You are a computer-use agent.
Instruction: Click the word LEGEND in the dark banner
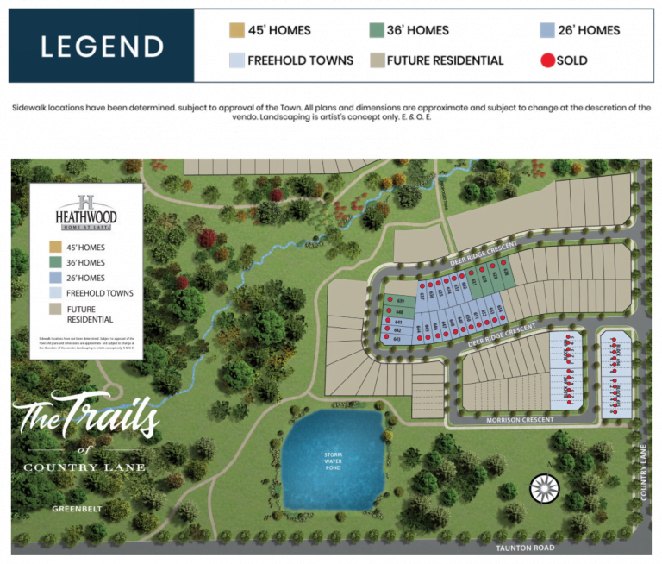[102, 46]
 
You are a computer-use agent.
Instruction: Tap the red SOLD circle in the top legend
[546, 60]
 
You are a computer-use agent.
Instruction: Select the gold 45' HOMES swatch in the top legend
[235, 30]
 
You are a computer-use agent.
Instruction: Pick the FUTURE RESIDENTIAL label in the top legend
[445, 60]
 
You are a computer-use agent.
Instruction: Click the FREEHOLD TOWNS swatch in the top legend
[235, 60]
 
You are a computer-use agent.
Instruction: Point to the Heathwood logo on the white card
[85, 211]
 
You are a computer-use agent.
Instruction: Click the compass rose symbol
[544, 489]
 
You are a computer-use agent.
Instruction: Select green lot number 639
[401, 300]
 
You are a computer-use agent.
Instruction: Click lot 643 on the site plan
[397, 339]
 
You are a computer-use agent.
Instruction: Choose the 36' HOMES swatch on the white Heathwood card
[55, 262]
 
